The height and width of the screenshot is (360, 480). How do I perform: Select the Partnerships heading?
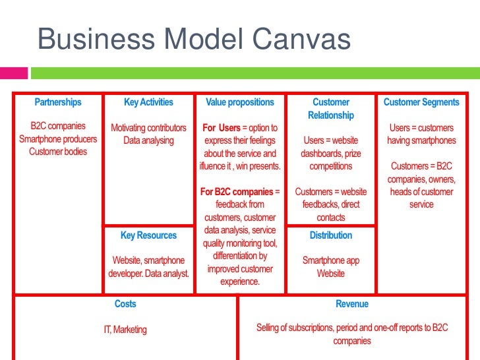pyautogui.click(x=58, y=102)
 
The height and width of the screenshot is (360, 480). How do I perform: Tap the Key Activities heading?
pyautogui.click(x=148, y=102)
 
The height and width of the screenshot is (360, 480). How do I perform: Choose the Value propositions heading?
pyautogui.click(x=240, y=102)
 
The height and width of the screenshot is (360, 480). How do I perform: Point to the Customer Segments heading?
pyautogui.click(x=421, y=102)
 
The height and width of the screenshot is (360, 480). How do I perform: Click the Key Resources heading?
pyautogui.click(x=148, y=235)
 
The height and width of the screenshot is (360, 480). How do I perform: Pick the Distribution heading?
pyautogui.click(x=331, y=235)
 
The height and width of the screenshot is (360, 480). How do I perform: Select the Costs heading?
pyautogui.click(x=125, y=304)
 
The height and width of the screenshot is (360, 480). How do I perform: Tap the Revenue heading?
pyautogui.click(x=352, y=304)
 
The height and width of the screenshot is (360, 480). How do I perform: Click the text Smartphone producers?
pyautogui.click(x=58, y=139)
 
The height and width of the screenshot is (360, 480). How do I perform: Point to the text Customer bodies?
pyautogui.click(x=58, y=152)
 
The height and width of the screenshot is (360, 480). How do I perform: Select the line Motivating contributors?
pyautogui.click(x=148, y=128)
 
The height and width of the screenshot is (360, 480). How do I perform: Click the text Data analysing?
pyautogui.click(x=148, y=140)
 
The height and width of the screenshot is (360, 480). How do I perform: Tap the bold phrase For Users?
pyautogui.click(x=221, y=128)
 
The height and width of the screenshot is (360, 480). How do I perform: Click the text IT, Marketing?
pyautogui.click(x=125, y=330)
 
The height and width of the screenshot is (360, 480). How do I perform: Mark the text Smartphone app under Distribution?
pyautogui.click(x=331, y=260)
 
